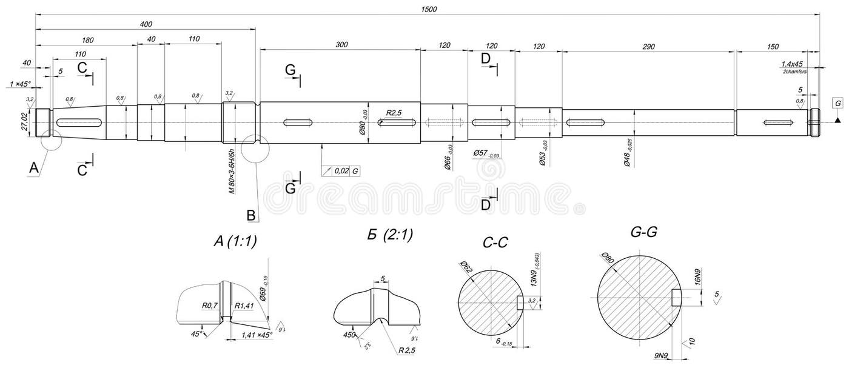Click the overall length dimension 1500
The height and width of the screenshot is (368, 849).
428,9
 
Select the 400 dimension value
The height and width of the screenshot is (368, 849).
146,24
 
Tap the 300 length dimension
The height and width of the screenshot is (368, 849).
341,45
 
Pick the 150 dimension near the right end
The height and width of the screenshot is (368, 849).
773,47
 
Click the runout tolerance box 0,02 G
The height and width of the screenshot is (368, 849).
341,171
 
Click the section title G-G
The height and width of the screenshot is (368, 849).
644,232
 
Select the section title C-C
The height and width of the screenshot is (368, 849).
495,243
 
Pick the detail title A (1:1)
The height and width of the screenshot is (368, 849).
235,241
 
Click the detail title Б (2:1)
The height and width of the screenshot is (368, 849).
390,236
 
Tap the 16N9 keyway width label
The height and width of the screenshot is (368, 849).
697,278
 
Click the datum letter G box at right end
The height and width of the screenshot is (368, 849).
837,104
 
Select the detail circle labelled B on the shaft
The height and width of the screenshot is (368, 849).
255,149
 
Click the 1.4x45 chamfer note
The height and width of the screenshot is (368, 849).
791,64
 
